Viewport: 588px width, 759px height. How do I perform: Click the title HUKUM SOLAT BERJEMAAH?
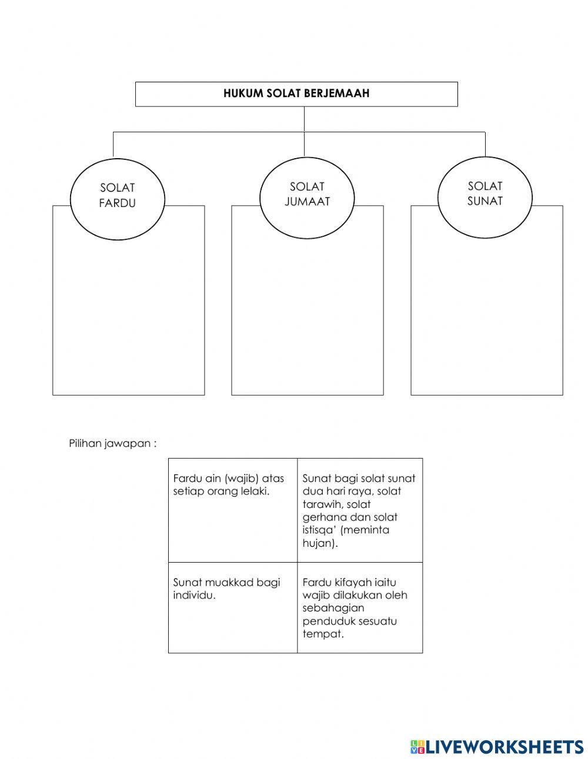pos(296,93)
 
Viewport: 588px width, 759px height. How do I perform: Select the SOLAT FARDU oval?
pos(118,195)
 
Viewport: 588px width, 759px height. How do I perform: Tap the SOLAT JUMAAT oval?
pos(307,194)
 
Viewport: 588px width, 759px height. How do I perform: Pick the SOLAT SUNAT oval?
pos(485,193)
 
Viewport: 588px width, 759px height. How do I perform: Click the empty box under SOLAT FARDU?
pos(128,317)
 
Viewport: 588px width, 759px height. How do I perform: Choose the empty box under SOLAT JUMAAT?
pos(307,317)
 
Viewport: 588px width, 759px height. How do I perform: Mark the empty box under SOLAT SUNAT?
pos(486,317)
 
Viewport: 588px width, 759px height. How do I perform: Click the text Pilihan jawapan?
pos(112,443)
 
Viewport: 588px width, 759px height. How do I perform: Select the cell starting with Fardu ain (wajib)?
pos(233,509)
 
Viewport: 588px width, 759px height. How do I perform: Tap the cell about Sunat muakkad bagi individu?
pos(233,607)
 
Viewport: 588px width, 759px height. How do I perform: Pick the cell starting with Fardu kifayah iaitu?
pos(360,607)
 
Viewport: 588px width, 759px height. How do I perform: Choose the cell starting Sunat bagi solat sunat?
pos(360,510)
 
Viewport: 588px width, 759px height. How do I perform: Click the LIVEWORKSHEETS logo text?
pos(504,747)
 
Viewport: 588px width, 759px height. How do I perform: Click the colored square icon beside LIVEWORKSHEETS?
pos(417,747)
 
